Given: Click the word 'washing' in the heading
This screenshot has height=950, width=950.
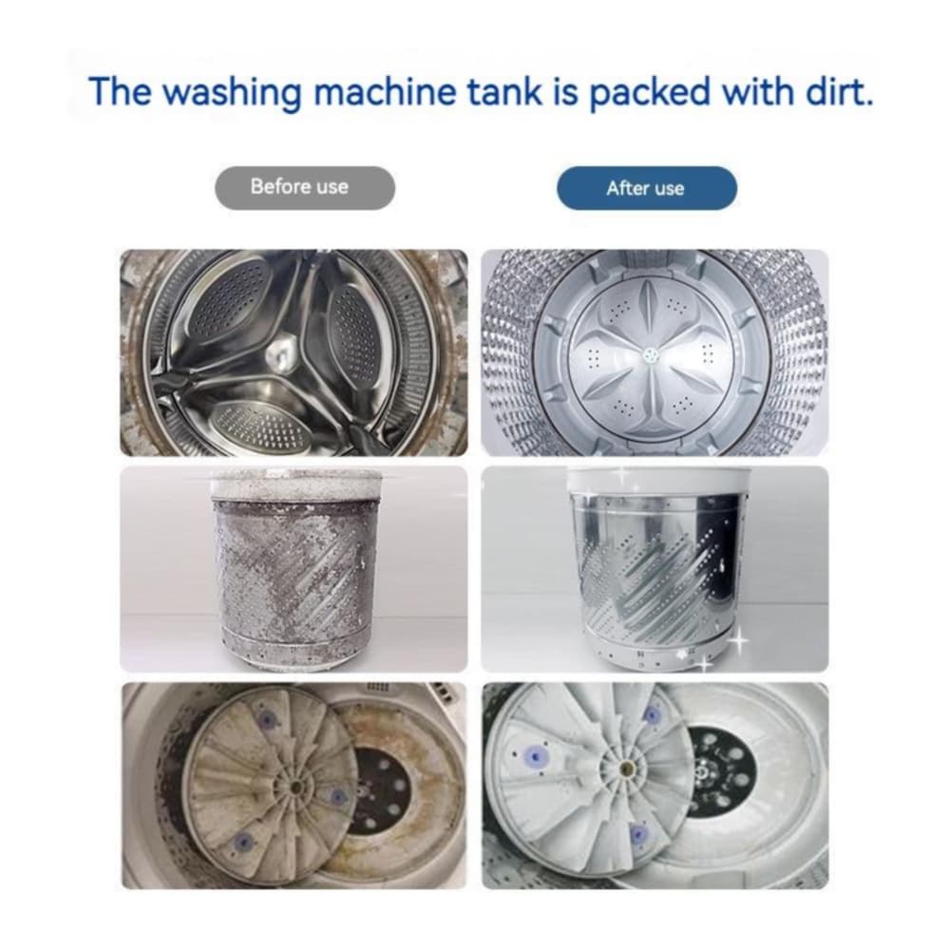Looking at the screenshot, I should (232, 92).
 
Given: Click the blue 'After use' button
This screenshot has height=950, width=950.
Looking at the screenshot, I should (646, 188).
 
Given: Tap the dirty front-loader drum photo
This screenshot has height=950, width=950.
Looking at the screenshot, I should (294, 352).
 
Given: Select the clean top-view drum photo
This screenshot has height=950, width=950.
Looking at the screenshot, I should (655, 352).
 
